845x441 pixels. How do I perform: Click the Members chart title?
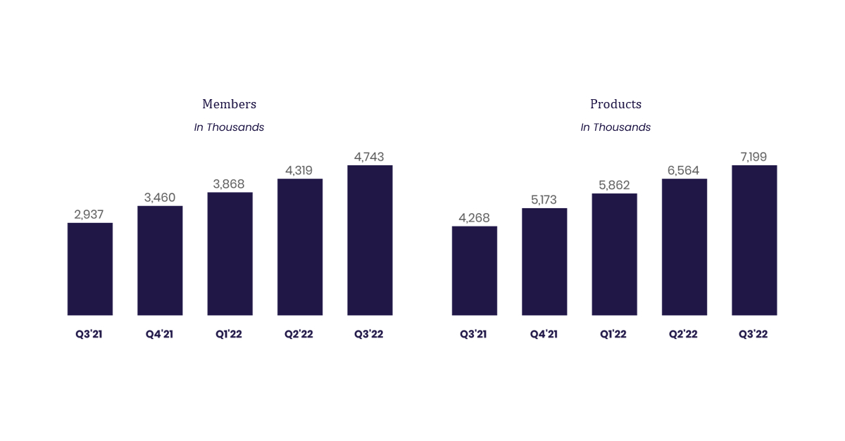tap(229, 104)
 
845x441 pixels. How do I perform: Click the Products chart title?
tap(615, 104)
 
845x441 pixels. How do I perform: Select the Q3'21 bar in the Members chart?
tap(89, 269)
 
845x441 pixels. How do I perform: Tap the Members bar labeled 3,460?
tap(160, 260)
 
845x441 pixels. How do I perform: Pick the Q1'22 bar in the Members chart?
tap(230, 253)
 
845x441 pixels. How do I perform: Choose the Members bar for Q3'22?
tap(370, 240)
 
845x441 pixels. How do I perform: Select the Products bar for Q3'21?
tap(474, 271)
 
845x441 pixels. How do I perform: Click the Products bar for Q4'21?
tap(544, 262)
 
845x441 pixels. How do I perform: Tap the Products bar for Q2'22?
tap(684, 247)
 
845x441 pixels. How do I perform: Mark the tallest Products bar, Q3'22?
tap(754, 240)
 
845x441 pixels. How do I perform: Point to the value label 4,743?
tap(370, 157)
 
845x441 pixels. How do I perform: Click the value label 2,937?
tap(89, 215)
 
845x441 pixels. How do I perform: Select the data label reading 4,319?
tap(299, 170)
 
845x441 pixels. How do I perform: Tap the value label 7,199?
tap(754, 157)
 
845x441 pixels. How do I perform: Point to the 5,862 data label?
tap(614, 185)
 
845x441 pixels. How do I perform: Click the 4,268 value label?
tap(474, 217)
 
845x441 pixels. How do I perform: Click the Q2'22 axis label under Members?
tap(299, 334)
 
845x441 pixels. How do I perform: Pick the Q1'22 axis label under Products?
tap(613, 334)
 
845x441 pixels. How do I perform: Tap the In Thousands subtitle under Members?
tap(229, 127)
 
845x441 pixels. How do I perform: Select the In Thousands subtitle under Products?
tap(615, 127)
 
